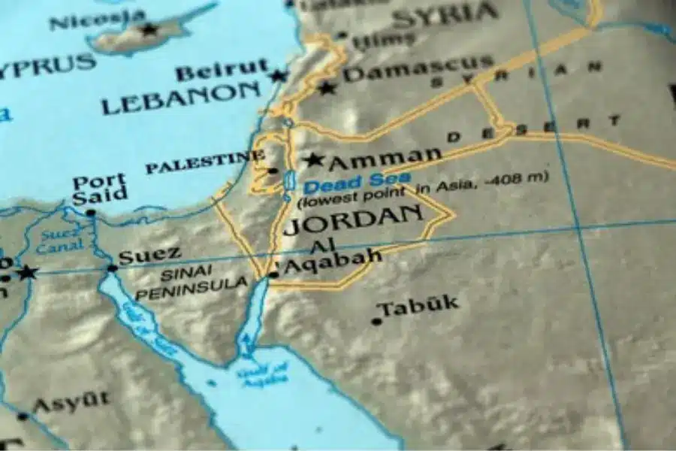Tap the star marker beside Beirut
279,75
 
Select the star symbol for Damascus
326,88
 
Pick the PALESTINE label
204,162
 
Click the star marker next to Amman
313,160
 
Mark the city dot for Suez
113,268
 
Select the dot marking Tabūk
376,321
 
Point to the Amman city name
385,158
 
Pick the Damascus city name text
418,69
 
